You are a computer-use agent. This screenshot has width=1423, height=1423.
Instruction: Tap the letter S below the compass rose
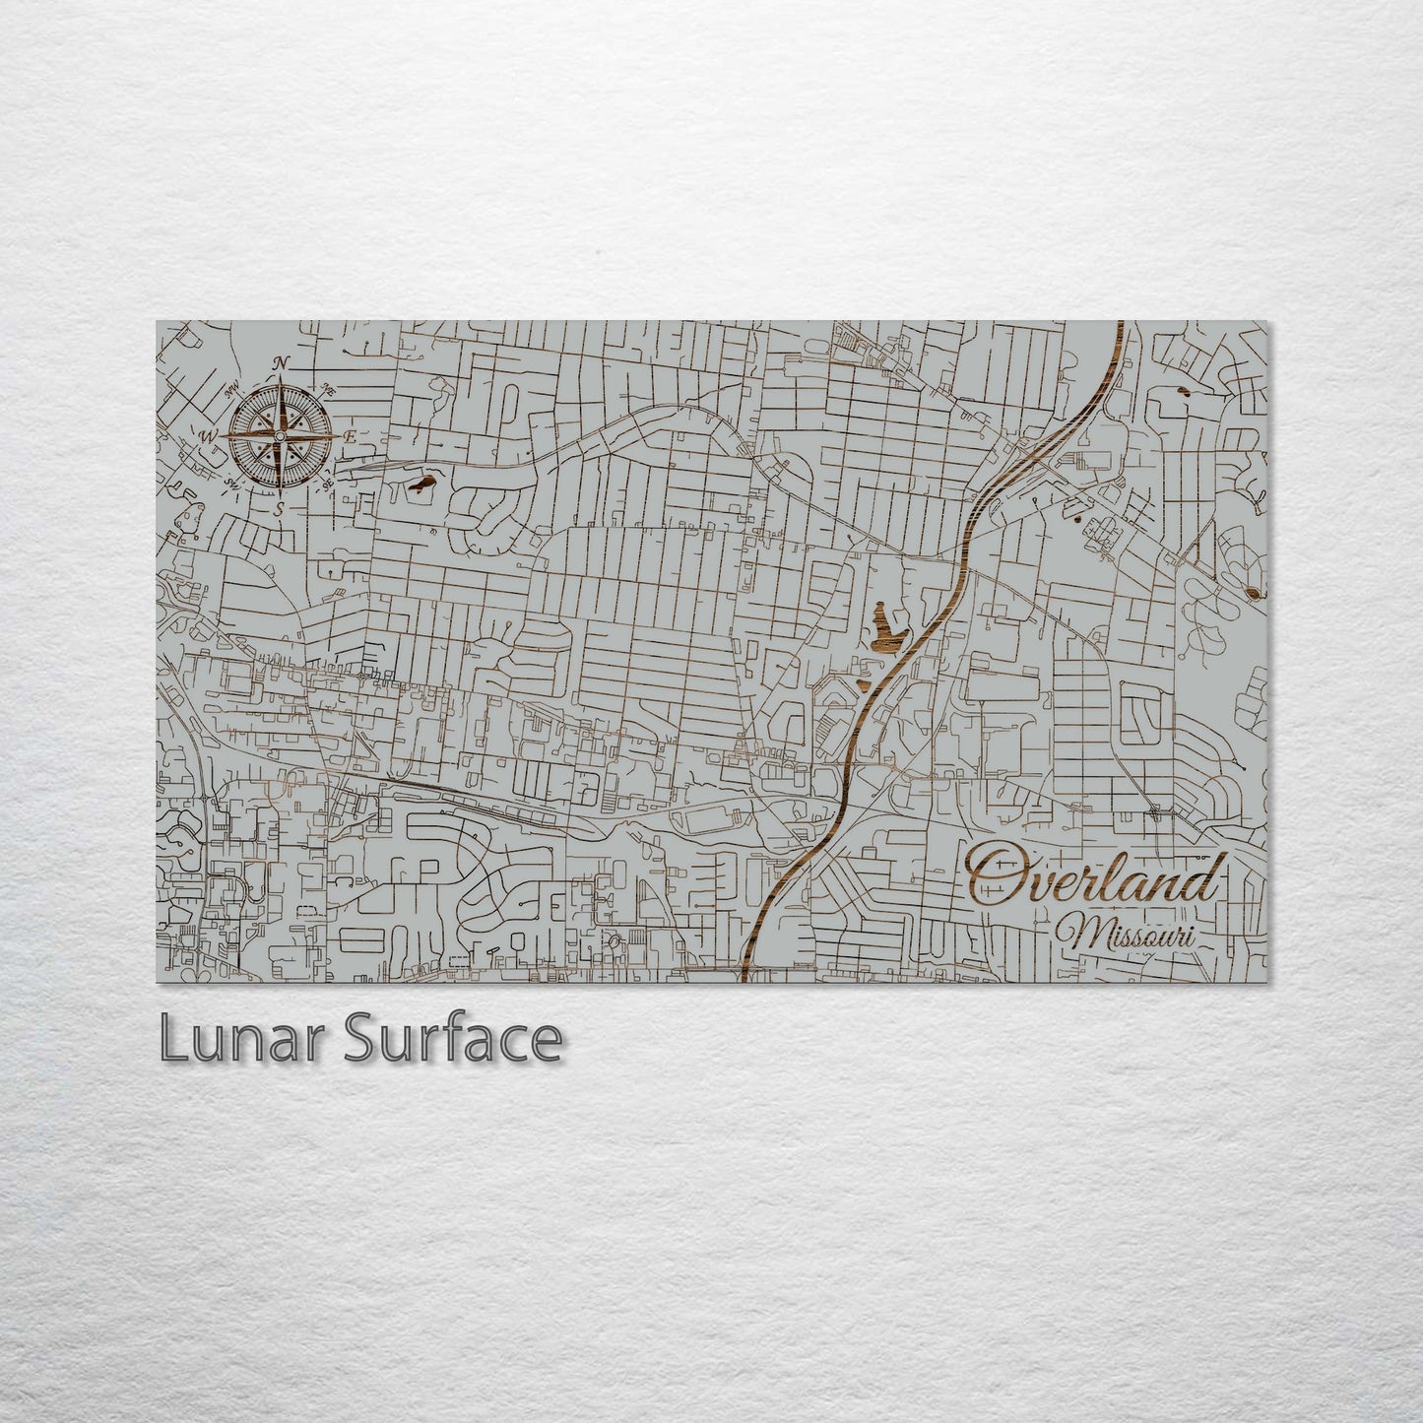[x=280, y=509]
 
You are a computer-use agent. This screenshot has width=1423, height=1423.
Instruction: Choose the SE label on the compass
[x=328, y=484]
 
